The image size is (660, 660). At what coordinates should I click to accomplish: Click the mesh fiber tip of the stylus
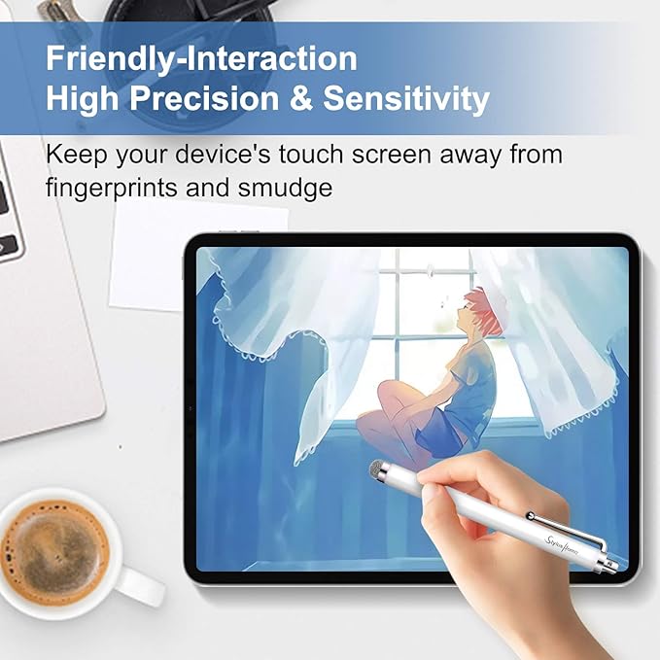tap(379, 469)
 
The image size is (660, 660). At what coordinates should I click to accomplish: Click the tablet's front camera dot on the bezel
tap(191, 408)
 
